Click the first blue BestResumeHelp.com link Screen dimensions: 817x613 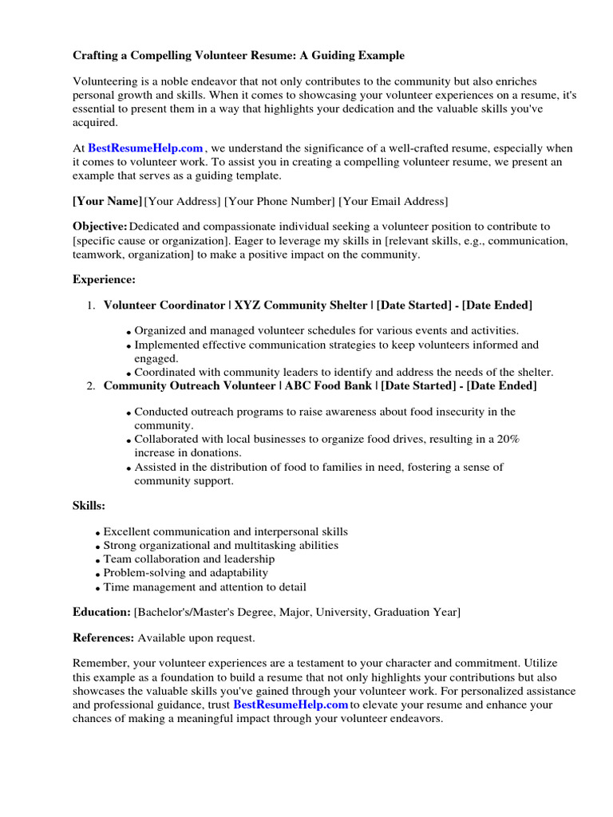pyautogui.click(x=145, y=148)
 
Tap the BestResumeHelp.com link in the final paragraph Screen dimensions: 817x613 pyautogui.click(x=291, y=705)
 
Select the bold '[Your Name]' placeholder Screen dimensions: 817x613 pyautogui.click(x=107, y=201)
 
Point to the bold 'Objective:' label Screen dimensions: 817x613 pyautogui.click(x=100, y=227)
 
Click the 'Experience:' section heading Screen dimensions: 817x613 pyautogui.click(x=105, y=279)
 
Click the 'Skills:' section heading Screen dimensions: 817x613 pyautogui.click(x=89, y=506)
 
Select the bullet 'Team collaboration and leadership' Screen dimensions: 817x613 pyautogui.click(x=189, y=559)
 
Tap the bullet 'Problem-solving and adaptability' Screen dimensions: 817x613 pyautogui.click(x=186, y=573)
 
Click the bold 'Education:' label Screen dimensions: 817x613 pyautogui.click(x=101, y=612)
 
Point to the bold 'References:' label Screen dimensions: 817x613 pyautogui.click(x=104, y=638)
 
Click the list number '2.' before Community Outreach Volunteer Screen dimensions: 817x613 pyautogui.click(x=90, y=386)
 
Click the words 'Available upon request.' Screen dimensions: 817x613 pyautogui.click(x=196, y=638)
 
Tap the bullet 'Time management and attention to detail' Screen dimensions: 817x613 pyautogui.click(x=204, y=586)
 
